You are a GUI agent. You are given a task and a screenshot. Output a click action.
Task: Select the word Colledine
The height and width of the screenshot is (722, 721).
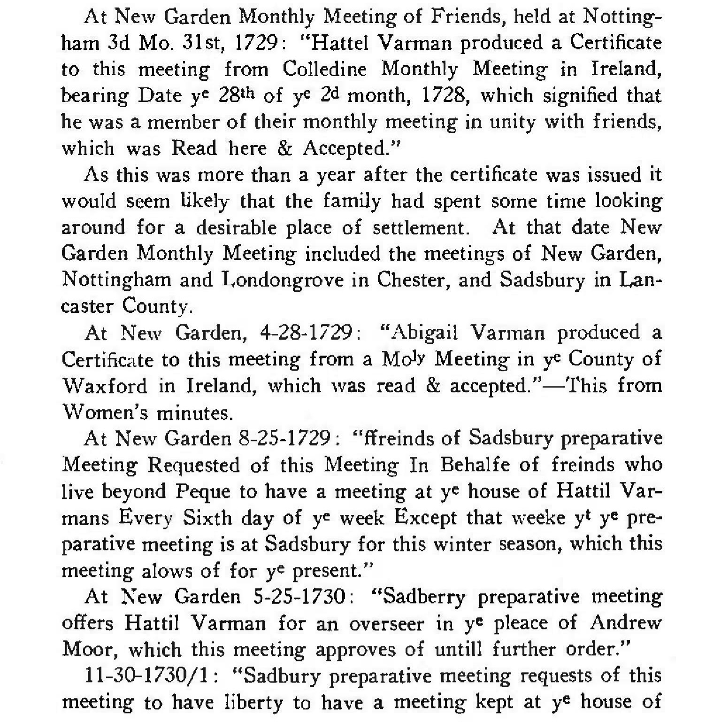pyautogui.click(x=324, y=70)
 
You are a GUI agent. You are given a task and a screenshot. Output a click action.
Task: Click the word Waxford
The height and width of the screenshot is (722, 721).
pyautogui.click(x=104, y=386)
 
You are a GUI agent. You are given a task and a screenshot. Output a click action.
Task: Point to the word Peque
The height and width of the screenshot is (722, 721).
pyautogui.click(x=203, y=492)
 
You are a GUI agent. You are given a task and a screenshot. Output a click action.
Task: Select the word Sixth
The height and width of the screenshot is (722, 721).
pyautogui.click(x=207, y=518)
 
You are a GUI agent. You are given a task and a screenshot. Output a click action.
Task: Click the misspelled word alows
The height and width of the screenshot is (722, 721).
pyautogui.click(x=168, y=571)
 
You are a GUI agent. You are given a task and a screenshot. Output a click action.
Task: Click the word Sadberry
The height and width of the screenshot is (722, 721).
pyautogui.click(x=424, y=597)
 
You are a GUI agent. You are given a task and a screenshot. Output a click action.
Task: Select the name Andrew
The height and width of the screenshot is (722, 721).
pyautogui.click(x=626, y=623)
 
